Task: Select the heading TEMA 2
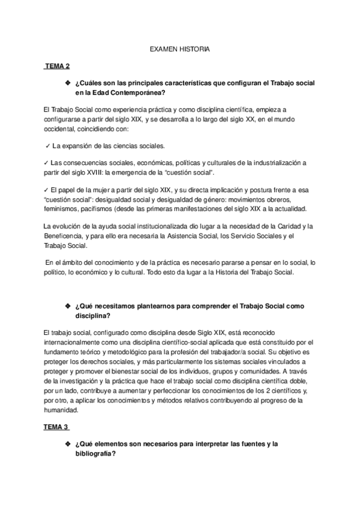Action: point(58,65)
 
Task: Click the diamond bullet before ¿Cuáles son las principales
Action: point(67,81)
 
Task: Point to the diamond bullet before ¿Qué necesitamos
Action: point(67,306)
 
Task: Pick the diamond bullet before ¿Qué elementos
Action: point(67,444)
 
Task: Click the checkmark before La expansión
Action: point(47,146)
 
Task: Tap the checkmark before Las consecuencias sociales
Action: point(46,163)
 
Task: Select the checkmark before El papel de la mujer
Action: point(46,190)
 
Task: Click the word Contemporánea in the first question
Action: point(140,92)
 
